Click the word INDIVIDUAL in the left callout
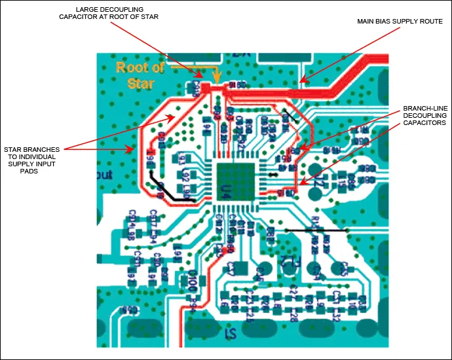[x=39, y=156]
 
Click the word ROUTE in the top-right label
[x=432, y=22]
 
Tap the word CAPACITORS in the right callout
[x=425, y=122]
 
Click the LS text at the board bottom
[x=231, y=335]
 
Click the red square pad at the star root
[x=205, y=87]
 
